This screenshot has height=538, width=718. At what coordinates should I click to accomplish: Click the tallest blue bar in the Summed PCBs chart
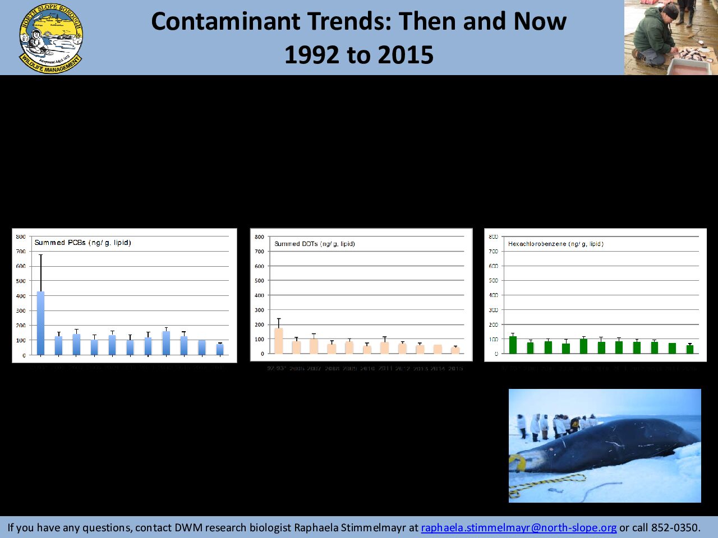point(40,323)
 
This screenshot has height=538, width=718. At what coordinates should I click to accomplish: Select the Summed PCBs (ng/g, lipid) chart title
point(82,243)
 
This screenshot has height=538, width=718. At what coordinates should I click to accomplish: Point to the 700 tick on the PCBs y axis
point(20,251)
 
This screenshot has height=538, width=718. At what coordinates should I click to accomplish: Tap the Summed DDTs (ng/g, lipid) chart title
point(314,244)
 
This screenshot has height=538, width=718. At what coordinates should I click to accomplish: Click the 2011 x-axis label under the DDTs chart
point(385,369)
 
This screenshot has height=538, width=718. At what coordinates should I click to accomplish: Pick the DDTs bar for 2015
point(455,350)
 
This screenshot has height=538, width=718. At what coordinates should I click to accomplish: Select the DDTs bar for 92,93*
point(279,341)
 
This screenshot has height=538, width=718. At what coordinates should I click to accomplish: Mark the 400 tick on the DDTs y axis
point(259,295)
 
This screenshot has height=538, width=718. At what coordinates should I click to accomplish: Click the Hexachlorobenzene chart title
point(555,244)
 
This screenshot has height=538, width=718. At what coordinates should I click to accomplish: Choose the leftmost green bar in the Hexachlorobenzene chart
point(513,345)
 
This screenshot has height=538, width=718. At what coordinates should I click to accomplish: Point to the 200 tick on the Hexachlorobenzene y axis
point(493,324)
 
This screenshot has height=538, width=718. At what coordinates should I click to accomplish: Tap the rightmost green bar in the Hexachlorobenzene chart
point(690,349)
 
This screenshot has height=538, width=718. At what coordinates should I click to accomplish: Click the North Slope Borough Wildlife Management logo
point(50,38)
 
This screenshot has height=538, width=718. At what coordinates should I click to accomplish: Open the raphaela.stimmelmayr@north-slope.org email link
point(518,527)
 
